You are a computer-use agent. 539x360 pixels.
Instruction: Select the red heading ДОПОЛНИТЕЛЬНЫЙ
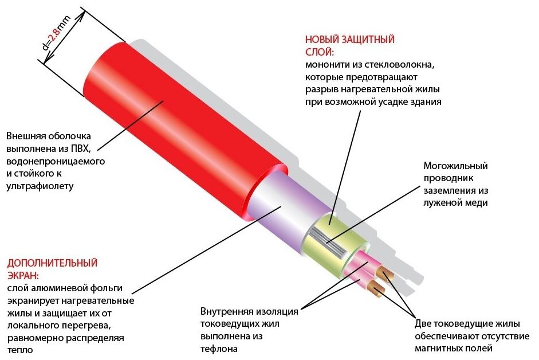pyautogui.click(x=52, y=264)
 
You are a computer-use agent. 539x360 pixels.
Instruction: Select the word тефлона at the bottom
pyautogui.click(x=218, y=349)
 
